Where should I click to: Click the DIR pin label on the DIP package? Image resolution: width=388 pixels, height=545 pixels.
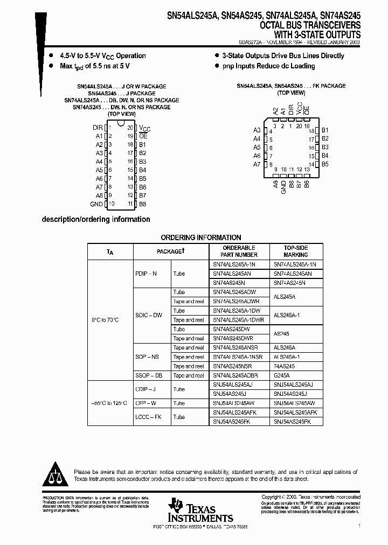(x=97, y=128)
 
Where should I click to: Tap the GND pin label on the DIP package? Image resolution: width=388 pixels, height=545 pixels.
(x=96, y=204)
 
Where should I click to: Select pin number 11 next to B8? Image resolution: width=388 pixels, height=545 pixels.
(x=130, y=204)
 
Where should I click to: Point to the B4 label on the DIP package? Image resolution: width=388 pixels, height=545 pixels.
(x=142, y=170)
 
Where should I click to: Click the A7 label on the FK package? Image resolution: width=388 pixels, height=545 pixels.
(x=257, y=164)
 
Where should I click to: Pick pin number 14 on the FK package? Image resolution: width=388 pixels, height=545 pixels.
(x=311, y=164)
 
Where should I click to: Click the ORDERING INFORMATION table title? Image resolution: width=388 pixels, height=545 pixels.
(x=201, y=237)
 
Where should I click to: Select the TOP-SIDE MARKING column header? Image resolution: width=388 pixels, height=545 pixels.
(x=295, y=251)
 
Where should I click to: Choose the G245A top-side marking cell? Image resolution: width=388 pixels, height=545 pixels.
(x=282, y=375)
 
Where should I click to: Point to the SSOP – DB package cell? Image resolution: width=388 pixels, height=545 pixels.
(x=147, y=375)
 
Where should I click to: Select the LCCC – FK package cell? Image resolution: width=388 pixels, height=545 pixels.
(x=147, y=417)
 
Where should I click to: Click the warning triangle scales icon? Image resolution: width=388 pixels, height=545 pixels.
(x=56, y=474)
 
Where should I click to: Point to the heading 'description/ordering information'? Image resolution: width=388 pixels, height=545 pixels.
(x=96, y=219)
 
